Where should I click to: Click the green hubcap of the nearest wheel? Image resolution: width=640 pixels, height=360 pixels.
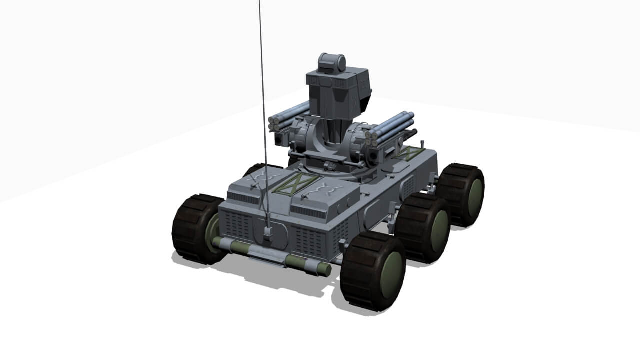point(391,275)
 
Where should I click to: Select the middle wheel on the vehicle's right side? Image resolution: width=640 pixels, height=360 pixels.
point(424,227)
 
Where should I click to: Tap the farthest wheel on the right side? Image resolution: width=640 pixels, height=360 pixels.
point(462,194)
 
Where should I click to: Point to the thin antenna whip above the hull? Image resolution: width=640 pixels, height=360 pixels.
point(262,100)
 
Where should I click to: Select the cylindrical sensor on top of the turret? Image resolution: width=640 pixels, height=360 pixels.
point(332,62)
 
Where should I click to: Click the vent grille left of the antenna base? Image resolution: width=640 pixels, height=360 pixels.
point(237,225)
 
